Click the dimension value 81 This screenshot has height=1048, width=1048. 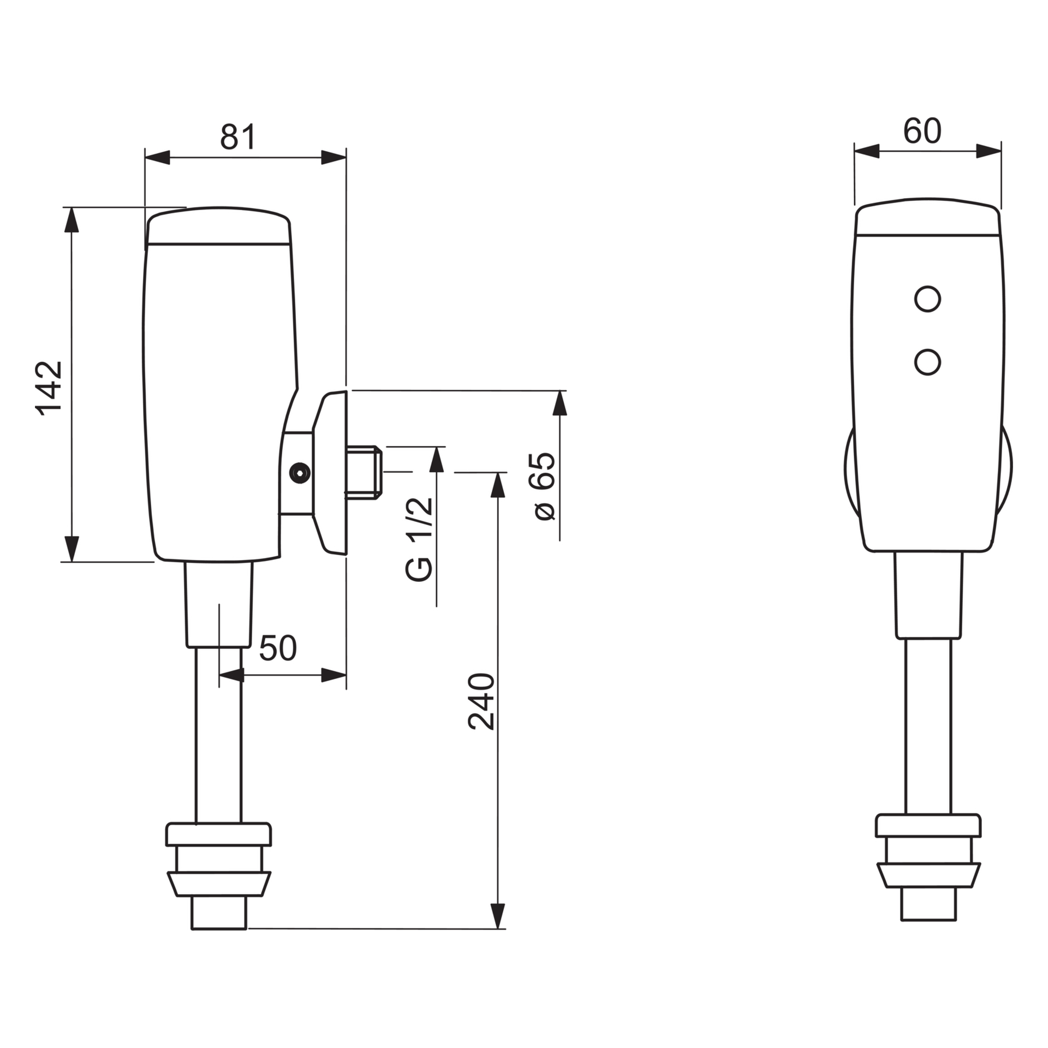(238, 136)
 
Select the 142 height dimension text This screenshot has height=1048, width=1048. (49, 388)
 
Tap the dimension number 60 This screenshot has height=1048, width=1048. (922, 131)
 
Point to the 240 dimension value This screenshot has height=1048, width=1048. (481, 702)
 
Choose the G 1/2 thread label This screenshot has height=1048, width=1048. (419, 539)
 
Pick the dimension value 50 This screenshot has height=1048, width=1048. (278, 648)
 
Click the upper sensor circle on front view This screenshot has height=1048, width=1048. (927, 299)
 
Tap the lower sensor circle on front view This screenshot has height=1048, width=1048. (927, 362)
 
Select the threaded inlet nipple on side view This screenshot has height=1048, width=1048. (364, 473)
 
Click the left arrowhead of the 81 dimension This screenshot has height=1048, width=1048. (157, 157)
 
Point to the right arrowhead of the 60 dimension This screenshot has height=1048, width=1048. (989, 151)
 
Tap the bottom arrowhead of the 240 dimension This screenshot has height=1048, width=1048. (498, 916)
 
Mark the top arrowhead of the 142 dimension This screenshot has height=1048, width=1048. (72, 220)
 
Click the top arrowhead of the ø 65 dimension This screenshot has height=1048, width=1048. (560, 403)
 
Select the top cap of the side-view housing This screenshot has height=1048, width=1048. (218, 225)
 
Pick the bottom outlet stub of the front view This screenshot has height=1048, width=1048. (928, 904)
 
